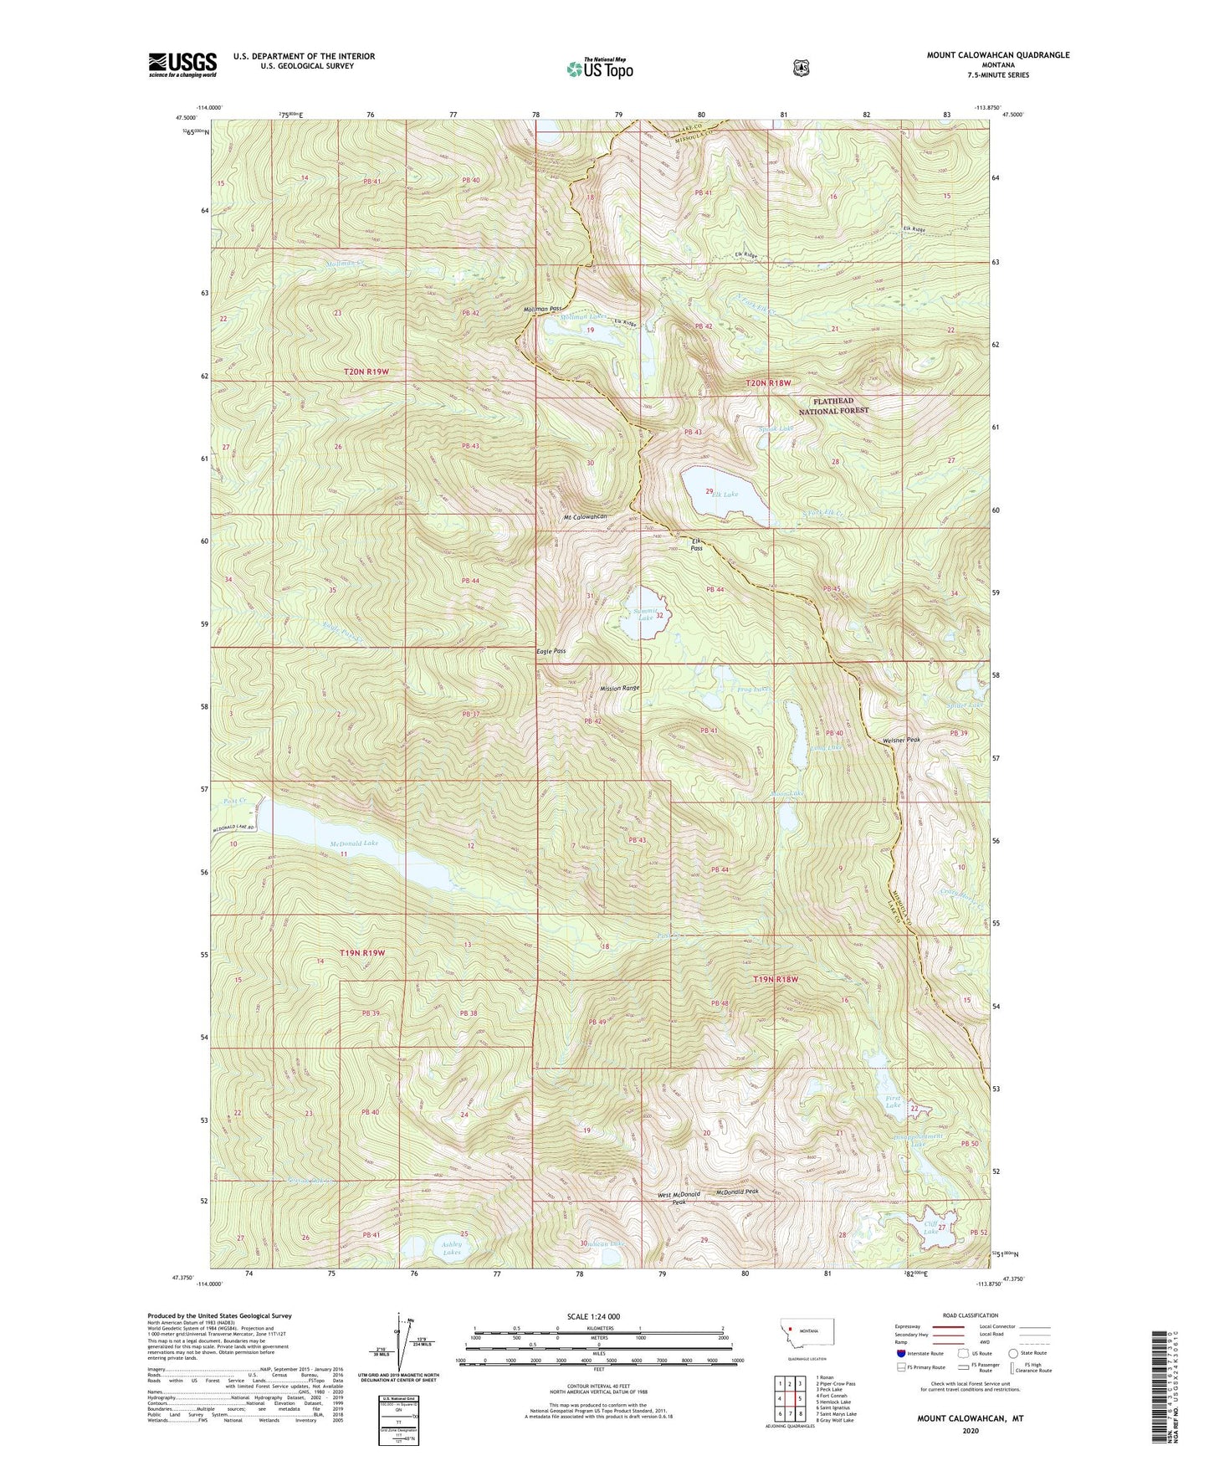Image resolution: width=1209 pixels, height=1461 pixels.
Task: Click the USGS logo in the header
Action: pos(182,64)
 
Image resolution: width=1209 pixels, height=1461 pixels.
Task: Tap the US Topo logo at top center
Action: pos(599,69)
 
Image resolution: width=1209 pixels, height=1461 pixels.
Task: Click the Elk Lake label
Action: pos(725,495)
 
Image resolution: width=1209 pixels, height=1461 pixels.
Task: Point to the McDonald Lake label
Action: pos(354,843)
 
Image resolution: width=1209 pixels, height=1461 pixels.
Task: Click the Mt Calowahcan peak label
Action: pos(585,517)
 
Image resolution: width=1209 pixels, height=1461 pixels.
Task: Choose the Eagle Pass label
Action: pos(551,651)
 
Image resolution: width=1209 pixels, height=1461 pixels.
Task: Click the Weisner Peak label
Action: pos(901,740)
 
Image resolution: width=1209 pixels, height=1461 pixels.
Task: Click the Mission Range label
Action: pos(619,688)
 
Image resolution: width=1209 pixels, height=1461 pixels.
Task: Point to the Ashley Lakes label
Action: pos(451,1248)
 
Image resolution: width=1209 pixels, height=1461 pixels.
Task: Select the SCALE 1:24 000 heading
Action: pos(593,1316)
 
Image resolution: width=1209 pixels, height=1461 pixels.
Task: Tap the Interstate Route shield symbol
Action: pos(899,1352)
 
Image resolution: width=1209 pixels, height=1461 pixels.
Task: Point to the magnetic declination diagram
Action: pos(400,1349)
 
